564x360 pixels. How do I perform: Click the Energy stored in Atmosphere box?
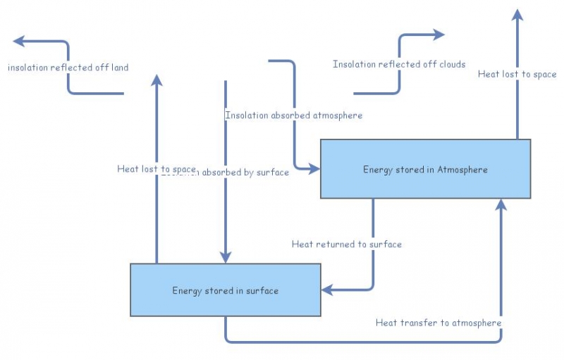click(x=425, y=169)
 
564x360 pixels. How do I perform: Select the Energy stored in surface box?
click(x=225, y=290)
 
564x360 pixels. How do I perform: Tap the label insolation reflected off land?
click(x=68, y=68)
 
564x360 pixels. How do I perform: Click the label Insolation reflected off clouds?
click(x=399, y=65)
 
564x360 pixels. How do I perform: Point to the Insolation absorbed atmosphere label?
click(x=293, y=115)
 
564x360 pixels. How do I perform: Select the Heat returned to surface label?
click(x=346, y=244)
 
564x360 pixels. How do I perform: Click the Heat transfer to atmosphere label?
click(x=438, y=323)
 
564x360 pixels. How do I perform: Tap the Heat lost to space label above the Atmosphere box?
click(x=517, y=75)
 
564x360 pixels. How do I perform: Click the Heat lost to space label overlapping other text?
click(x=156, y=169)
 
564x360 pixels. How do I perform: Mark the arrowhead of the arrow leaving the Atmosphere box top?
click(x=517, y=15)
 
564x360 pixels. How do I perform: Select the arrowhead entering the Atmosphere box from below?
click(x=501, y=204)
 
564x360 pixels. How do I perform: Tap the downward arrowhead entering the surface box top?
click(x=225, y=257)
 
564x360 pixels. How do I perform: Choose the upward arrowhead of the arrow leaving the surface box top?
click(x=157, y=80)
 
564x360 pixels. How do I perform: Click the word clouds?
click(x=452, y=65)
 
